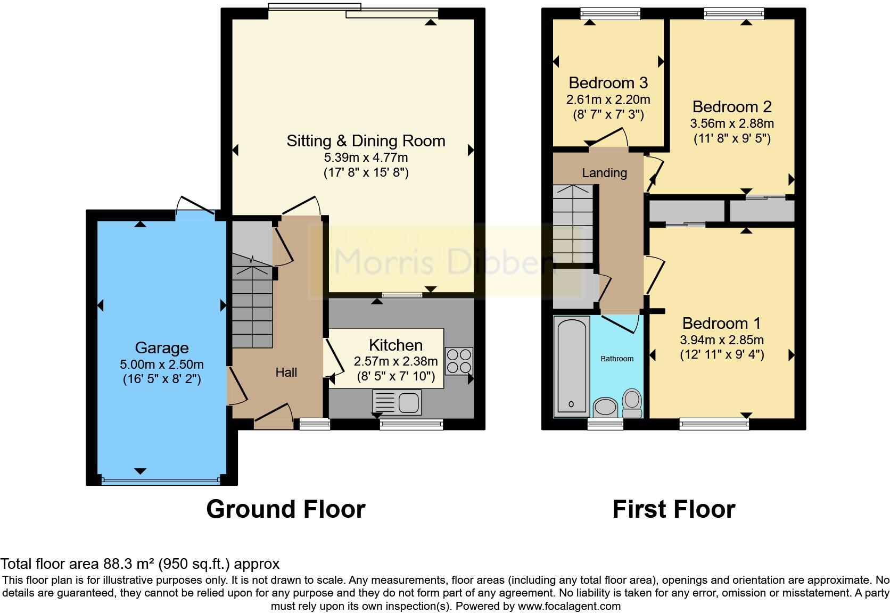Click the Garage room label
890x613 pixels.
tap(162, 347)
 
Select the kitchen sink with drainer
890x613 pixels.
tap(397, 402)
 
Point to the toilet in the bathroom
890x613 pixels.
tap(632, 403)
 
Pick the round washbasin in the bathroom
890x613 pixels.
tap(605, 408)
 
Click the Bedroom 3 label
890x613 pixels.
tap(608, 83)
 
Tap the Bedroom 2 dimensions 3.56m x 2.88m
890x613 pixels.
tap(732, 123)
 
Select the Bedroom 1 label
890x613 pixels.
tap(721, 323)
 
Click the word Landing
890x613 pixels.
tap(604, 173)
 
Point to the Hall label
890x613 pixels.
tap(286, 372)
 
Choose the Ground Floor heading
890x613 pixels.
tap(285, 509)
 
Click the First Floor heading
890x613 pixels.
tap(673, 509)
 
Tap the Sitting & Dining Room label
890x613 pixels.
tap(366, 141)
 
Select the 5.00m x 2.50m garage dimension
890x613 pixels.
tap(162, 365)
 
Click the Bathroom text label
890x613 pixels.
tap(617, 359)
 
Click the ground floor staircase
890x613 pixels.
tap(252, 309)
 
